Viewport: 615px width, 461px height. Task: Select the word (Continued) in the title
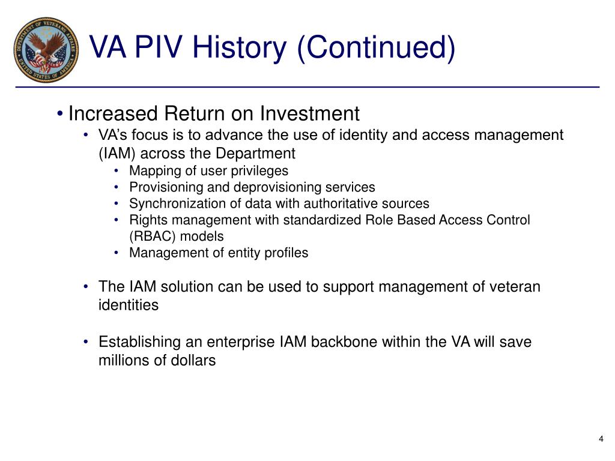tap(376, 48)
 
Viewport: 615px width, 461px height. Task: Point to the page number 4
tap(601, 439)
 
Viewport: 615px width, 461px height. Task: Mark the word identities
tap(129, 305)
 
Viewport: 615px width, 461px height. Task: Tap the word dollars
tap(192, 361)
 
